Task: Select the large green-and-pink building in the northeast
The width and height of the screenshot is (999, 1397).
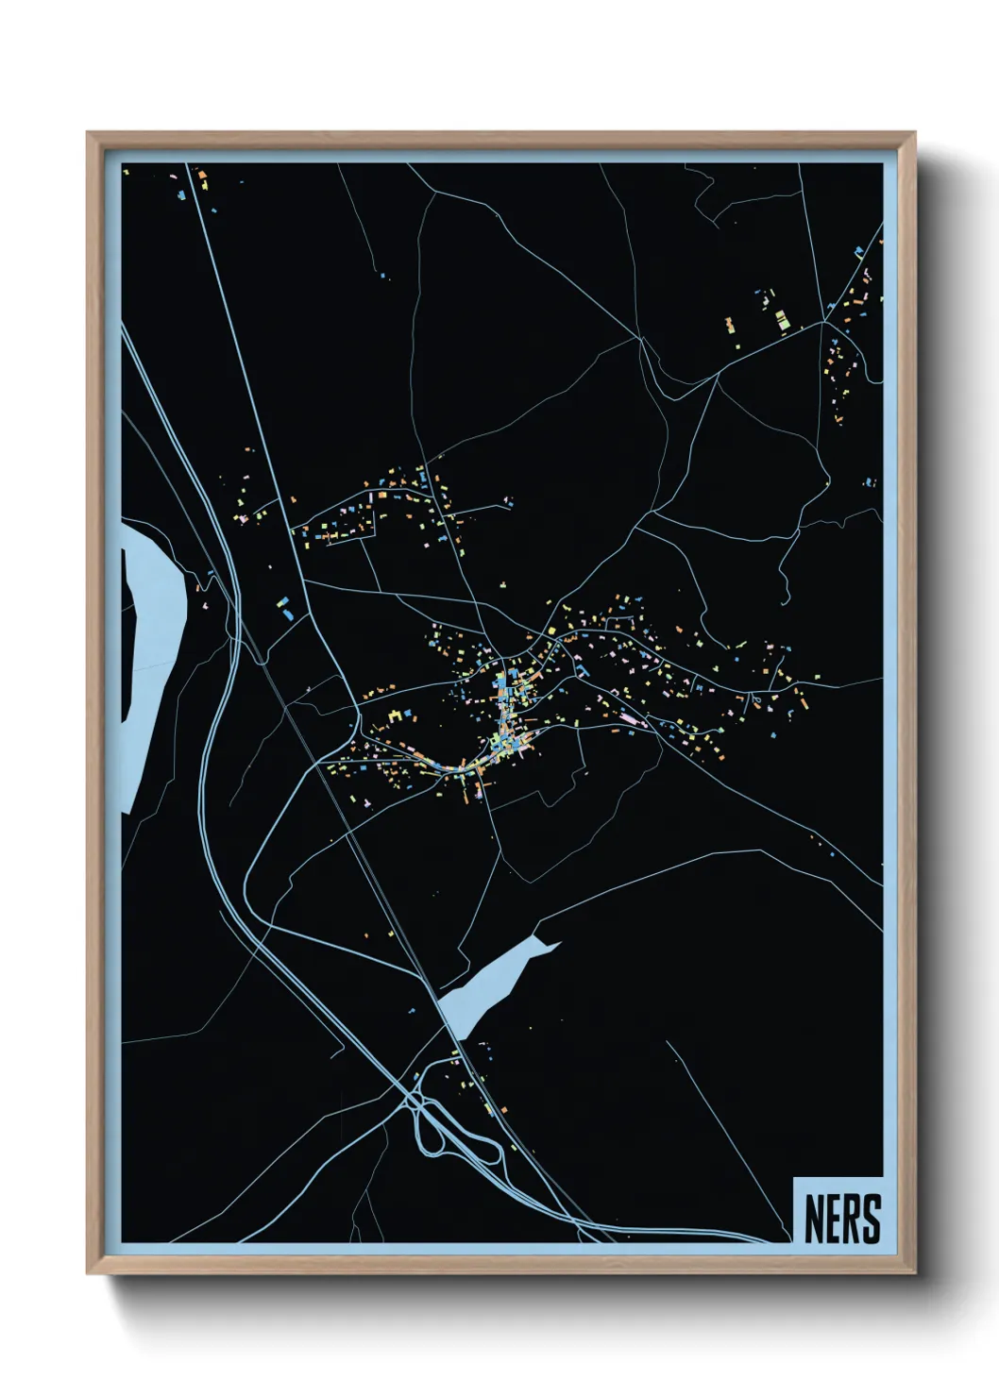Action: point(782,320)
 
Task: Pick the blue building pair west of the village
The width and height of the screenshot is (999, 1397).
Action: point(285,608)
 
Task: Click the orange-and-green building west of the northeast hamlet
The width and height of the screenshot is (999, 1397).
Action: point(729,326)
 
